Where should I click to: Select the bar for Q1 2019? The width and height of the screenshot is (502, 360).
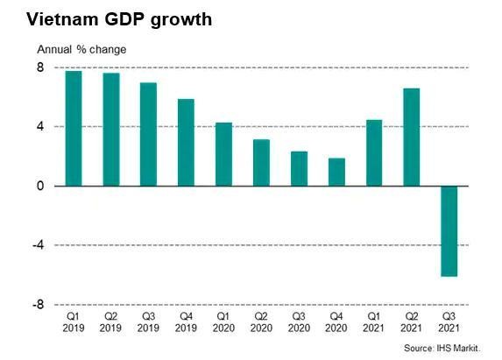point(74,128)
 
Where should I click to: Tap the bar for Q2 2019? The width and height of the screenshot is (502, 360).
point(111,129)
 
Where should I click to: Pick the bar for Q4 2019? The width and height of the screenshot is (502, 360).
point(186,142)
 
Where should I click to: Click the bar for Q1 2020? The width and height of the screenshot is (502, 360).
point(223,154)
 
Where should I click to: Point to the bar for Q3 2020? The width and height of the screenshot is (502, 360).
point(299,168)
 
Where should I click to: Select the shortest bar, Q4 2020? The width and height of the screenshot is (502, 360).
point(336,172)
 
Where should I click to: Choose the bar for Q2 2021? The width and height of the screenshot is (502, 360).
point(412,137)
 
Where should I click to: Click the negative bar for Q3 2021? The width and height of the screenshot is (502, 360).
point(449,231)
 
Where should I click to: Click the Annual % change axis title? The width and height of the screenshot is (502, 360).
point(81,49)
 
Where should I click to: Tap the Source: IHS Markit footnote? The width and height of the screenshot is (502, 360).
point(442,349)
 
